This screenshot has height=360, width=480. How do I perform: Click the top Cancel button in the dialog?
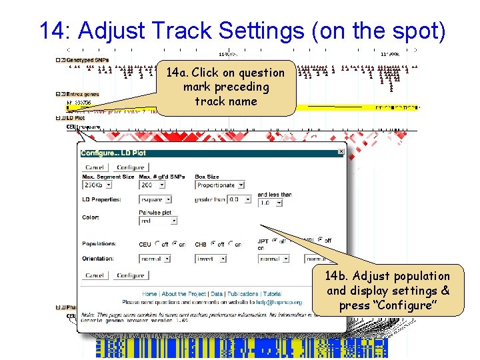coord(95,167)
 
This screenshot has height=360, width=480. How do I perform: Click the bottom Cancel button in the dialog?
coord(95,275)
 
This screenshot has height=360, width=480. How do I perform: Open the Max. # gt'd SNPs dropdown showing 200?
coord(155,185)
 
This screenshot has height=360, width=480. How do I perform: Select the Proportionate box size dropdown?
coord(220,185)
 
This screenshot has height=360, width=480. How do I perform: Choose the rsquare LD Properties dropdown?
coord(155,199)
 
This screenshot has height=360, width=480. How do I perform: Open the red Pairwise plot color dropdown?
coord(155,221)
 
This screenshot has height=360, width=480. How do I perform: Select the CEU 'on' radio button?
coord(174,244)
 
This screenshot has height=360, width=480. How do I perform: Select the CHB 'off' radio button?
coord(214,244)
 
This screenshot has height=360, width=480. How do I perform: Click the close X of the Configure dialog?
coord(341,152)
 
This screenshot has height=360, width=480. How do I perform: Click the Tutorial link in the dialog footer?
coord(272,294)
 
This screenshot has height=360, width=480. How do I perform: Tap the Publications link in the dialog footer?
coord(243,294)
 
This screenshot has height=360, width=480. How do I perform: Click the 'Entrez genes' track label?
coord(83,94)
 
